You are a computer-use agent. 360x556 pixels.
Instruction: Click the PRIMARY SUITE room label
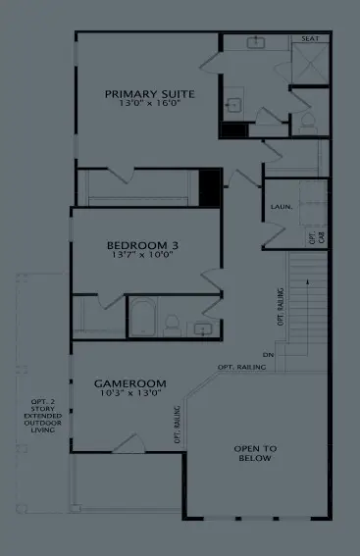click(x=150, y=94)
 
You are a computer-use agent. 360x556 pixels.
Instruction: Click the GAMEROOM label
click(x=129, y=382)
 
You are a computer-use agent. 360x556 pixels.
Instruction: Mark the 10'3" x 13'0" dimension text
click(x=129, y=393)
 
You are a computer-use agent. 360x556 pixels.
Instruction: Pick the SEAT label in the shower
click(x=310, y=38)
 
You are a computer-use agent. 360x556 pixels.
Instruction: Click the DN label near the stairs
click(x=268, y=355)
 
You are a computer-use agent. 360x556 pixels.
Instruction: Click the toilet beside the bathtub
click(x=172, y=323)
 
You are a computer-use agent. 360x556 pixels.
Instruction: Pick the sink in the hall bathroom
click(x=203, y=328)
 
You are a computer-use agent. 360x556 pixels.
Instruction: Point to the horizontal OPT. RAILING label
click(x=241, y=367)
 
